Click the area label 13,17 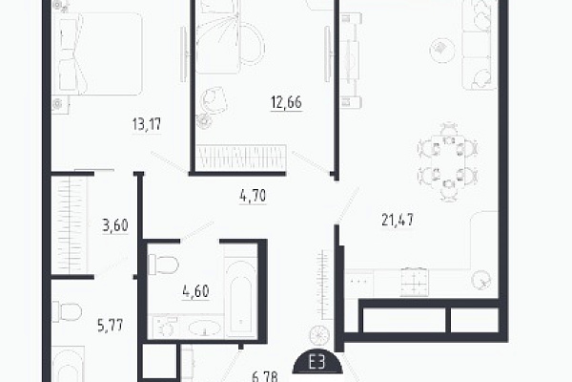click(147, 124)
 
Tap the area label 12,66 click(286, 102)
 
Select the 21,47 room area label click(398, 220)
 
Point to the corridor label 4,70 click(253, 196)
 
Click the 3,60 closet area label click(115, 225)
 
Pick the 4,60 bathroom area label click(195, 291)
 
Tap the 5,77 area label click(111, 325)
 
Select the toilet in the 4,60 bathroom click(163, 264)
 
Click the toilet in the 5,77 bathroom click(67, 312)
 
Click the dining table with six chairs click(448, 161)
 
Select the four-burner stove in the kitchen click(414, 281)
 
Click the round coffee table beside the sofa click(442, 51)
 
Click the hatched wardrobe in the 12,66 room click(240, 158)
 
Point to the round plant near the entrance click(320, 335)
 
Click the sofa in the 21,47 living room click(480, 45)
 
